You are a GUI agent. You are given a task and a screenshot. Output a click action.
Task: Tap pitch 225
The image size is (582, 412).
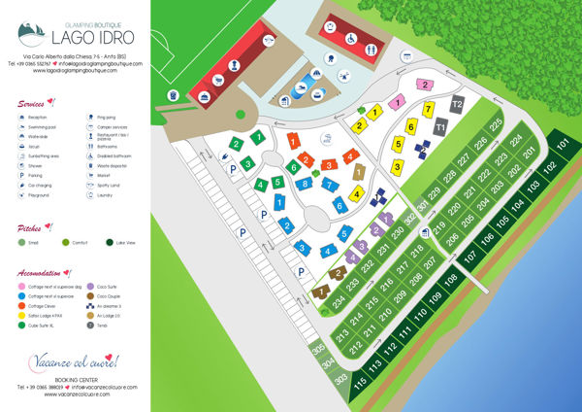(497, 125)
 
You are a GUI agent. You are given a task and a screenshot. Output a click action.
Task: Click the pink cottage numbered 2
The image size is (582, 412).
(424, 86)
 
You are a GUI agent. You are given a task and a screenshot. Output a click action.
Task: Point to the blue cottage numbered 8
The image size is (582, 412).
(306, 183)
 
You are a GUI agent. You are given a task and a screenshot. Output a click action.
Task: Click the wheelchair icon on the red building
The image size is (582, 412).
(348, 41)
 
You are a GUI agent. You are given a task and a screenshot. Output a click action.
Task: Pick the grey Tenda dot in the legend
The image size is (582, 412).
(90, 325)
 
